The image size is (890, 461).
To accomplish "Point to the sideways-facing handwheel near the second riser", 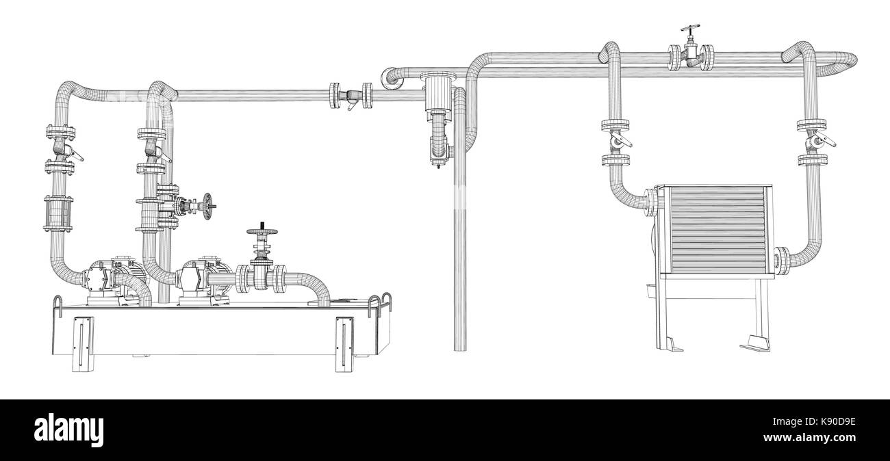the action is point(209,203).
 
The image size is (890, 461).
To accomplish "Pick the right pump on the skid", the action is point(204,279).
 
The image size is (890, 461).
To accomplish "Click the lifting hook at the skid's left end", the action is point(60,306).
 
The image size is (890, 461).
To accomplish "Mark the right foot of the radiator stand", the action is point(754,342).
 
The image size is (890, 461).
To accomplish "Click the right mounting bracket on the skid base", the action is point(343,344).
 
